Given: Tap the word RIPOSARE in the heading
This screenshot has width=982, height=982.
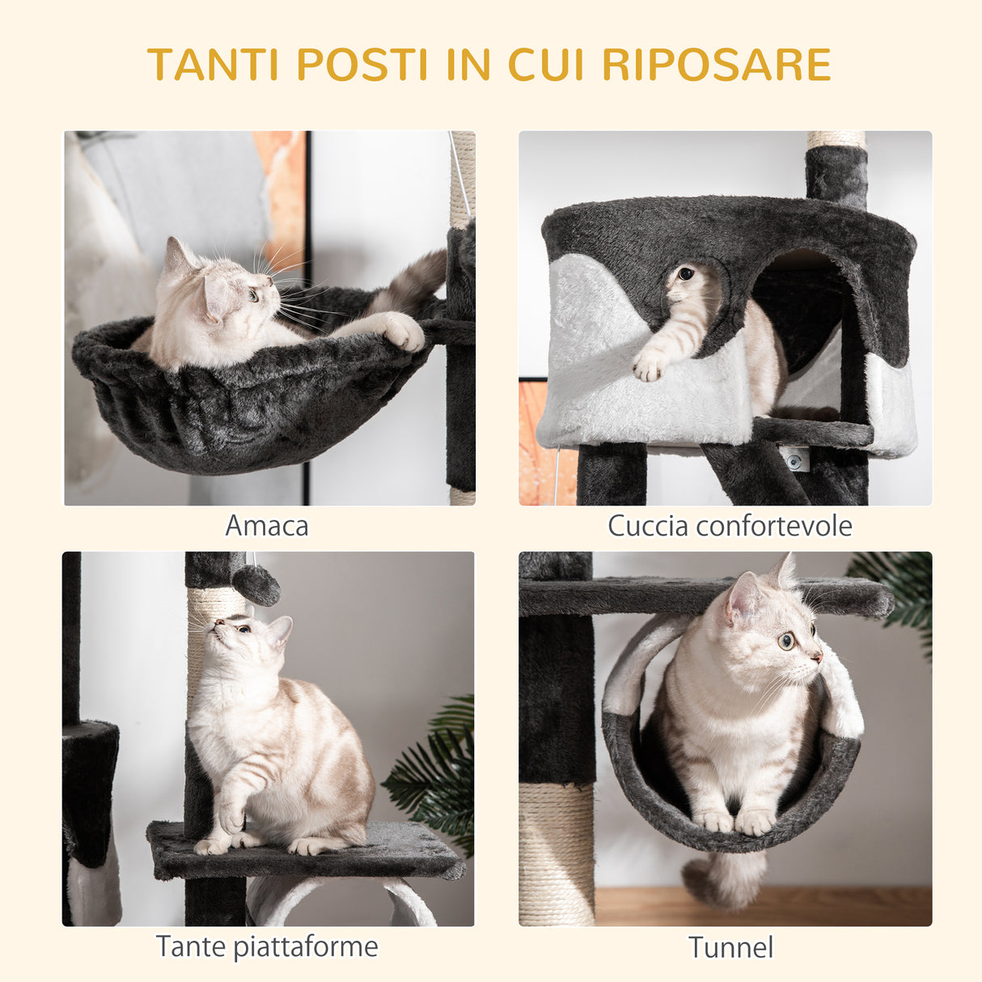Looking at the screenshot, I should [x=717, y=65].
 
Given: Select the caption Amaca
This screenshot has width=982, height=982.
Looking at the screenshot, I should [x=267, y=526].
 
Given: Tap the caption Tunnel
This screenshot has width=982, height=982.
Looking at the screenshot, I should [x=730, y=947].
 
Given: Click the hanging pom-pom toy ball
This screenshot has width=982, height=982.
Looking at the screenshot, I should [x=256, y=584].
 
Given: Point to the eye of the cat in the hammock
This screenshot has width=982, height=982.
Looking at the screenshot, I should [x=253, y=294].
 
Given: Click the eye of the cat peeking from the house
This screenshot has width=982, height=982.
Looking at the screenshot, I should [x=685, y=274].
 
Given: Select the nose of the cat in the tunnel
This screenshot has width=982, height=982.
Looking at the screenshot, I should [x=819, y=656].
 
